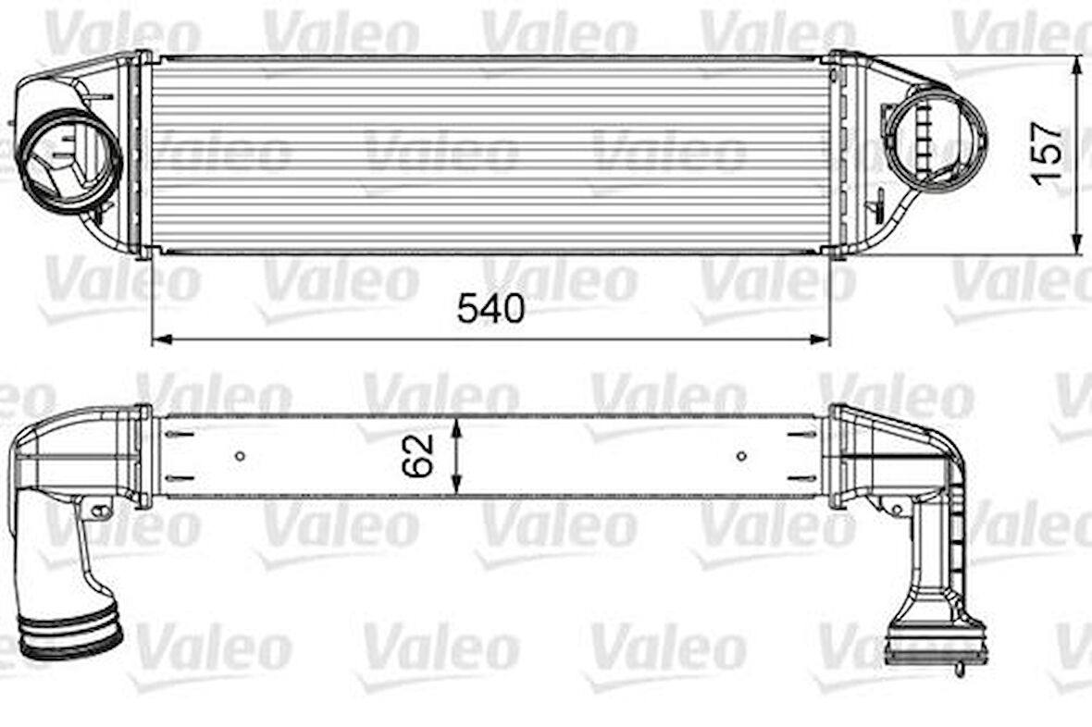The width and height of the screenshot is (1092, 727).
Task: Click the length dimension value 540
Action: (490, 309)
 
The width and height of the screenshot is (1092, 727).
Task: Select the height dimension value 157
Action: (1049, 154)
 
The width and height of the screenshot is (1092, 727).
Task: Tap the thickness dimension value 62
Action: (418, 456)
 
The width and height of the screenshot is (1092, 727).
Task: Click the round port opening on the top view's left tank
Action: (70, 161)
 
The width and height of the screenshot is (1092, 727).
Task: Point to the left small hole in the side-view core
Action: (240, 455)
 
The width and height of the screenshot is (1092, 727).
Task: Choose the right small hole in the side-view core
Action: (741, 455)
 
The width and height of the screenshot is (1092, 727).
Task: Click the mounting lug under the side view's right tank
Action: (895, 507)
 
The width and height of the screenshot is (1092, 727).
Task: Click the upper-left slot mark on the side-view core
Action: (180, 433)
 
